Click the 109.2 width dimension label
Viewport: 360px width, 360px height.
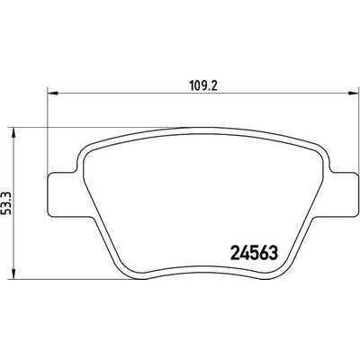coord(203,86)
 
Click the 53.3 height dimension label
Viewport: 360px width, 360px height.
coord(6,203)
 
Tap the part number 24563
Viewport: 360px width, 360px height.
coord(254,254)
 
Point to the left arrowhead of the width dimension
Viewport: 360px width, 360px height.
coord(52,94)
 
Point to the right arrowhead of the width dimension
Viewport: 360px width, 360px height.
coord(354,94)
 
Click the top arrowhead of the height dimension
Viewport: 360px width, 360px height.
coord(13,132)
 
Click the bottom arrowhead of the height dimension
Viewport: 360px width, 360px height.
coord(13,274)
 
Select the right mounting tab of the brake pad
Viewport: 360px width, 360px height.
coord(344,194)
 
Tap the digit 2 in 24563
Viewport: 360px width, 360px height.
coord(235,254)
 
